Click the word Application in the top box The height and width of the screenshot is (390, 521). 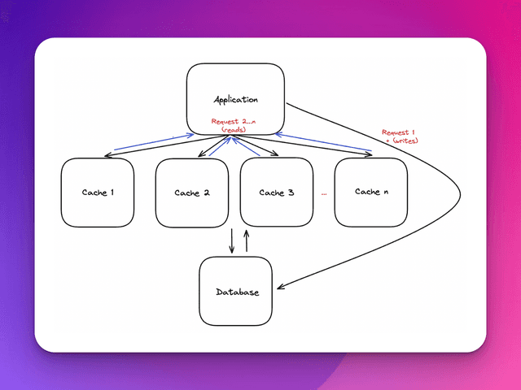tap(235, 100)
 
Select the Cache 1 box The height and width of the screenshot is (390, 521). tap(98, 192)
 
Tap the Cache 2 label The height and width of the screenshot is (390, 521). tap(192, 193)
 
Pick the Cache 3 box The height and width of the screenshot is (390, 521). tap(277, 192)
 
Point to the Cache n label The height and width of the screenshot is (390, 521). tap(371, 192)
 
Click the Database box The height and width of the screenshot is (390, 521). tap(236, 292)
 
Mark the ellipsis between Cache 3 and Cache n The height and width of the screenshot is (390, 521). tap(324, 194)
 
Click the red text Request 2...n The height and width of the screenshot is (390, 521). tap(234, 122)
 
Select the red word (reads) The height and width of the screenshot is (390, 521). tap(234, 130)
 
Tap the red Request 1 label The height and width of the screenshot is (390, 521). tap(399, 132)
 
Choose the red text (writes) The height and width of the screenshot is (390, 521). tap(401, 141)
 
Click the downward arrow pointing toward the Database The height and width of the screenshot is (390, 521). tap(232, 240)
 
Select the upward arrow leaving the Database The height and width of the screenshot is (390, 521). tap(246, 240)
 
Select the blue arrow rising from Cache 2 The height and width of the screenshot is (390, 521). tap(218, 146)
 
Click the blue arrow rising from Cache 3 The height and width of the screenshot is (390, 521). tap(249, 145)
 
